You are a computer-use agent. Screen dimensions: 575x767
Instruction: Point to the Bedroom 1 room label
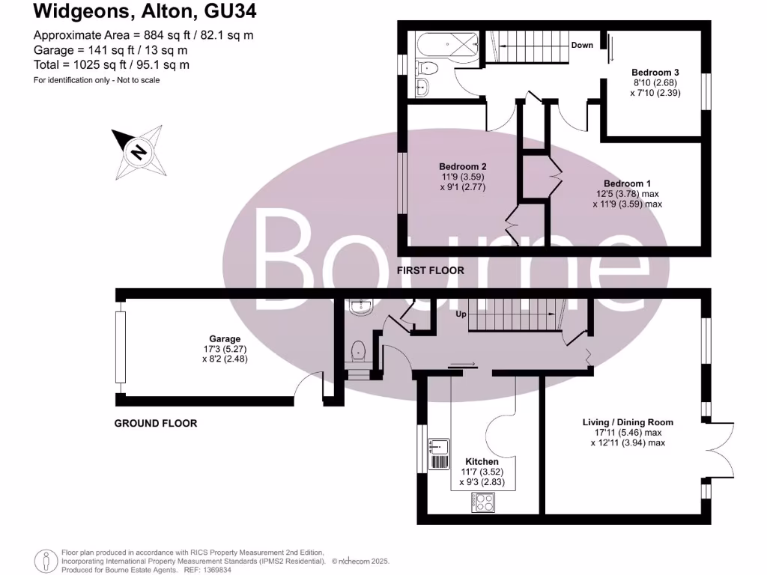(x=628, y=183)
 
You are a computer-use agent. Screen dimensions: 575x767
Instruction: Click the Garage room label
(x=225, y=339)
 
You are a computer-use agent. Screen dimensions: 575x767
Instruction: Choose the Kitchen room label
(x=482, y=461)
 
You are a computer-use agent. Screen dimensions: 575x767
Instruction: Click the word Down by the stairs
(x=582, y=45)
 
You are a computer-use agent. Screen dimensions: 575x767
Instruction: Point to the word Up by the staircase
(x=462, y=314)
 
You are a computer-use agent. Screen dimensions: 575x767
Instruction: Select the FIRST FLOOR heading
(x=431, y=270)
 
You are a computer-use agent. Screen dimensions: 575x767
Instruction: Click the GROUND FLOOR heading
(x=156, y=423)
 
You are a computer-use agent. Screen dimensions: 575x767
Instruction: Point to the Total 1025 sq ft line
(x=112, y=65)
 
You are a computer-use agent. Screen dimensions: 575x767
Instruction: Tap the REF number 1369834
(x=215, y=570)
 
